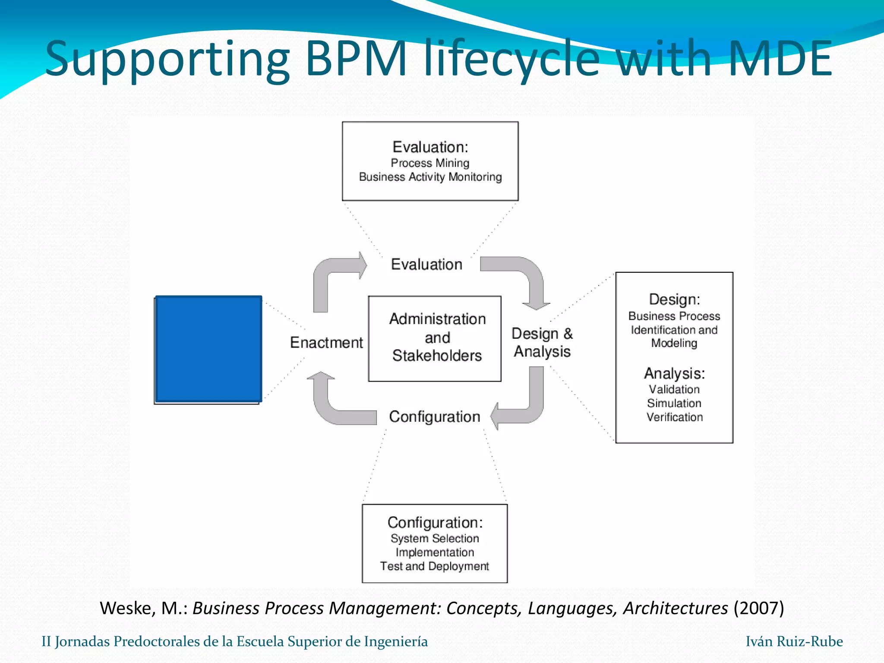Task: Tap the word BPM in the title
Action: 356,58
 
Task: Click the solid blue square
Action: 208,349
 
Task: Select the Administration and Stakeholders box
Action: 435,338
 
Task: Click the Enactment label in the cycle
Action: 326,342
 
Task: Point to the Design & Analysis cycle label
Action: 542,342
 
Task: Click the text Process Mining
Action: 430,163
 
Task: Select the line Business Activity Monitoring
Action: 430,177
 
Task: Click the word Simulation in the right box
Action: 674,403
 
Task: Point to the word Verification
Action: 674,417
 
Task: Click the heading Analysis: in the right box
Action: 674,373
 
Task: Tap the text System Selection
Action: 435,539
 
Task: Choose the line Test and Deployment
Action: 434,566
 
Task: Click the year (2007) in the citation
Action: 758,608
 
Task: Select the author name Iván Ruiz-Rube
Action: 794,641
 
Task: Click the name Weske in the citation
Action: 127,608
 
